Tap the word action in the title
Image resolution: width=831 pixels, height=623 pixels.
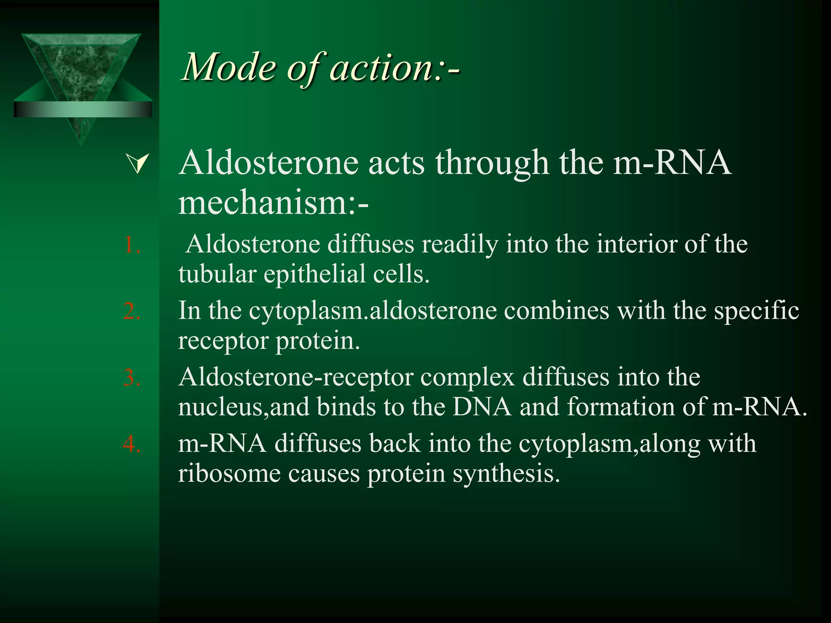(x=381, y=67)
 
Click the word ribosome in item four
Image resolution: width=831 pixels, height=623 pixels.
(x=229, y=473)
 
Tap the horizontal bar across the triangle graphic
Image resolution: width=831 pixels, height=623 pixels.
(x=83, y=109)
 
